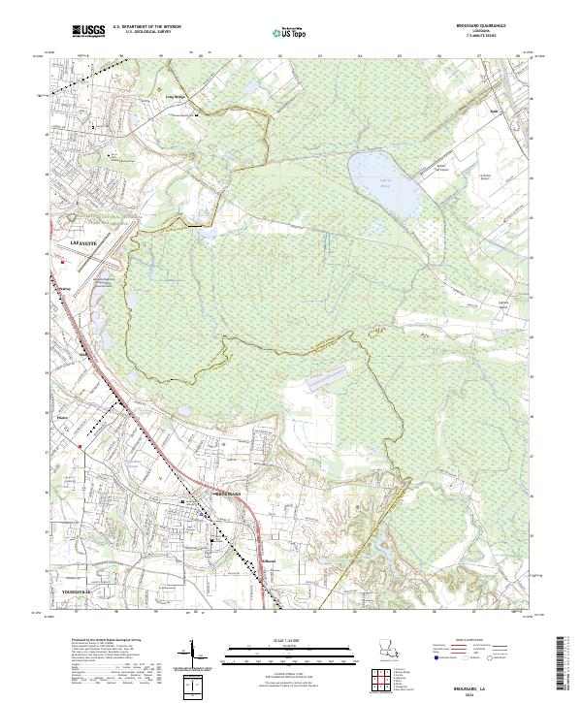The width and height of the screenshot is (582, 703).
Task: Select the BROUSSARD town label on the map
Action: (225, 495)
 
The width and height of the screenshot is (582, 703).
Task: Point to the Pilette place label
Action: (64, 420)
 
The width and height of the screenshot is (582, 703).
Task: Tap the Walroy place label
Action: (65, 288)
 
